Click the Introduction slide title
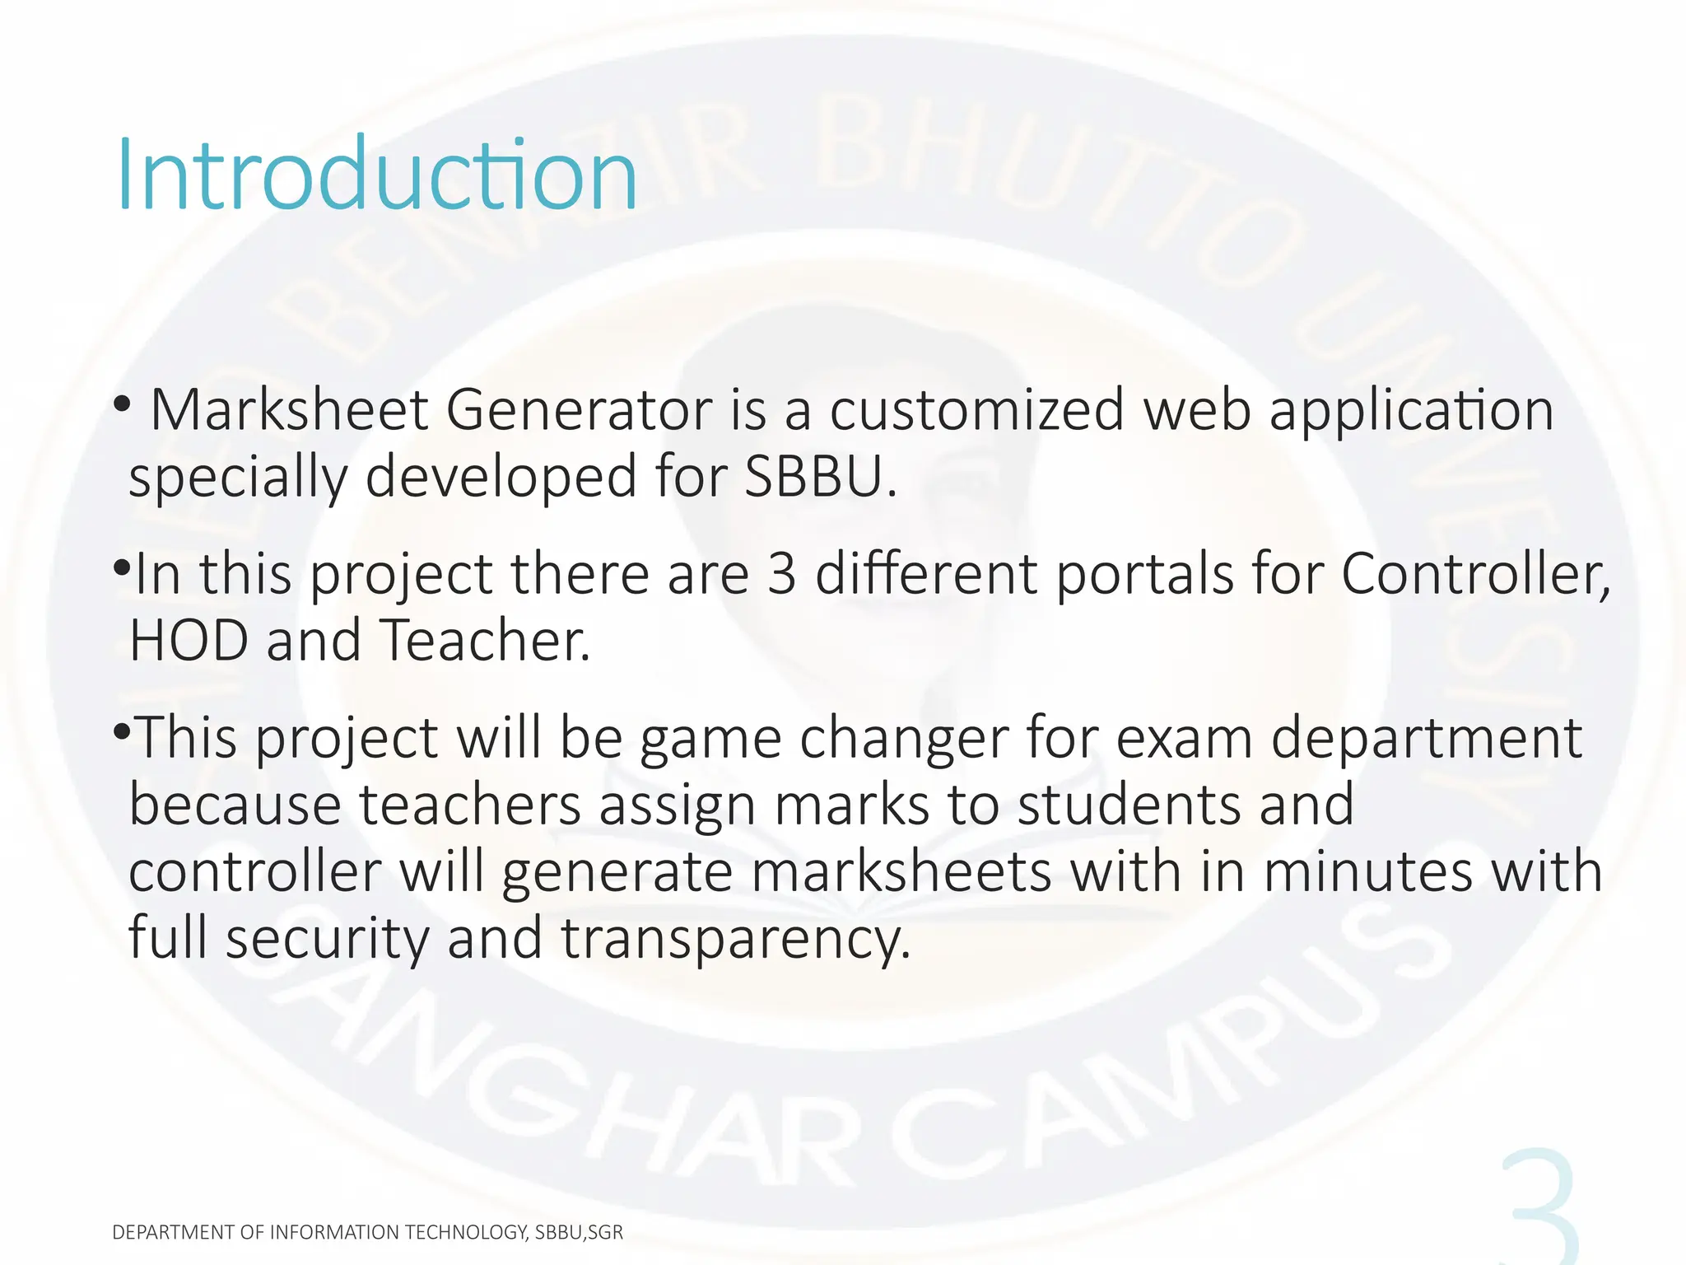377,175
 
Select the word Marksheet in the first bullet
289,409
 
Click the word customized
976,409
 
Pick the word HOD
189,640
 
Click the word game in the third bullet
710,738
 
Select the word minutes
1367,871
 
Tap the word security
327,939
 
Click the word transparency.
736,939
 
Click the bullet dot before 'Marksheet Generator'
122,404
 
